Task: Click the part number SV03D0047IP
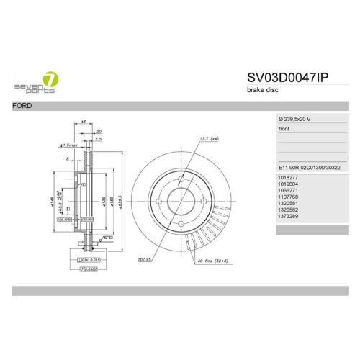coord(287,78)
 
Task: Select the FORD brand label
coord(22,106)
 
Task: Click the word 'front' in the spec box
coord(285,129)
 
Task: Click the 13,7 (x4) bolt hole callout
coord(208,138)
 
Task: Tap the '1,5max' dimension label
coord(72,145)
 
